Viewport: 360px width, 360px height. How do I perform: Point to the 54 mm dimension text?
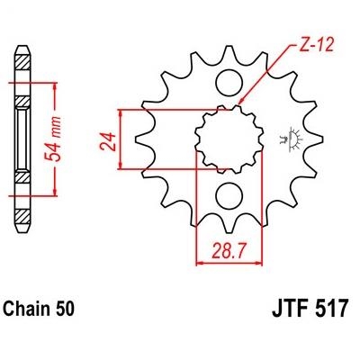(53, 139)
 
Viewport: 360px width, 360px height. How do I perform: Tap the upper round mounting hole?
(229, 83)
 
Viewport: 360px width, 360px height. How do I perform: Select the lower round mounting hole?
(229, 196)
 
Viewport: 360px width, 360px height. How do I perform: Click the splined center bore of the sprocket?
(229, 139)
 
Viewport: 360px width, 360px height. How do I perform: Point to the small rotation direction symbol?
(290, 139)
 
